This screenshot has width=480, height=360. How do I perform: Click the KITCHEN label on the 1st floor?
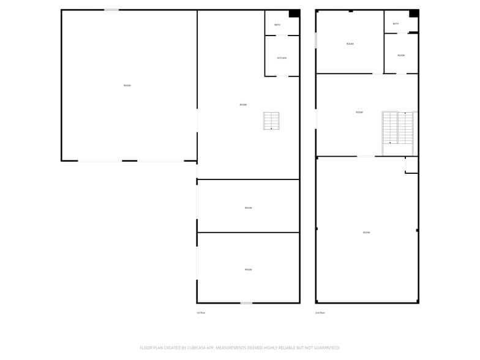282,58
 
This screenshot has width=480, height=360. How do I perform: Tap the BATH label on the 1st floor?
277,25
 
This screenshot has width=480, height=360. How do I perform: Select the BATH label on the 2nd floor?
396,24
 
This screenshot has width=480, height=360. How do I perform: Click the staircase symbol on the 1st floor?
271,121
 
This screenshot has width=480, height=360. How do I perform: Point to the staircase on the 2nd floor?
397,132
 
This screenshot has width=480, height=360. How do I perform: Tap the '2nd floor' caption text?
320,313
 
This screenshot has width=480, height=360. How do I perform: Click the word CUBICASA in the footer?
198,347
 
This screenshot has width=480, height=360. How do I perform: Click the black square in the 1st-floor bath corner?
294,13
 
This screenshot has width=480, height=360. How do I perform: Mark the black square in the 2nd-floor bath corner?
414,13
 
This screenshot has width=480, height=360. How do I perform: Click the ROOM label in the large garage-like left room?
127,86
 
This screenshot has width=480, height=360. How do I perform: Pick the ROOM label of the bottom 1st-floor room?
249,270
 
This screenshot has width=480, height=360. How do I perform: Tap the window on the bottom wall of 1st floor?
246,302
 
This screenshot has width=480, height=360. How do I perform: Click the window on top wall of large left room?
111,10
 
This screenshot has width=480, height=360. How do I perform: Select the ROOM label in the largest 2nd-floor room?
366,233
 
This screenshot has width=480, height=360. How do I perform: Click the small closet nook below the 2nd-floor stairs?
411,165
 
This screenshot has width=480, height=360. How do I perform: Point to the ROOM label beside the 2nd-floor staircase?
359,113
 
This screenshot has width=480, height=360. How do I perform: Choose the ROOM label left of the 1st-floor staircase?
243,105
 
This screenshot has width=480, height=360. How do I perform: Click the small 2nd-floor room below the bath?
401,56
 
